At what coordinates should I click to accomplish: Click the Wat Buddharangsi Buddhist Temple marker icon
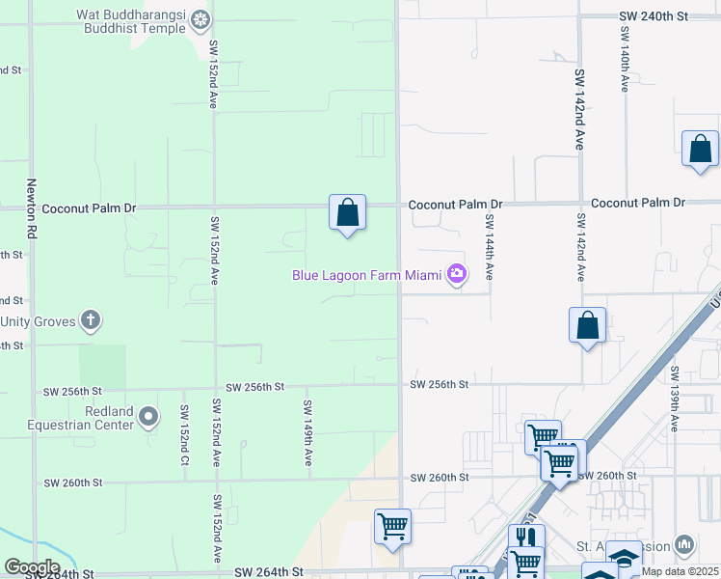[x=200, y=18]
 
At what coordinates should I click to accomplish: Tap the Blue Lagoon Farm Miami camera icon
[x=456, y=275]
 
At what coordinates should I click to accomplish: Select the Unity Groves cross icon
[x=91, y=320]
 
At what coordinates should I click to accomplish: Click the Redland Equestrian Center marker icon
[x=147, y=417]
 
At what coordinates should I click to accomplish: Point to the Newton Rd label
[x=32, y=208]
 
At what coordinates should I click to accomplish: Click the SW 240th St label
[x=656, y=16]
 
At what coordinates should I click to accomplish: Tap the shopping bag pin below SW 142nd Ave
[x=587, y=326]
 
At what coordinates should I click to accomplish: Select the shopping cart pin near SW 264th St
[x=392, y=527]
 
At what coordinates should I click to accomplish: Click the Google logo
[x=32, y=567]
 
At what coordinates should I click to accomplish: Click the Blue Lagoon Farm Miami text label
[x=366, y=275]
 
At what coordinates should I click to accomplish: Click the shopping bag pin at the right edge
[x=700, y=150]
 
